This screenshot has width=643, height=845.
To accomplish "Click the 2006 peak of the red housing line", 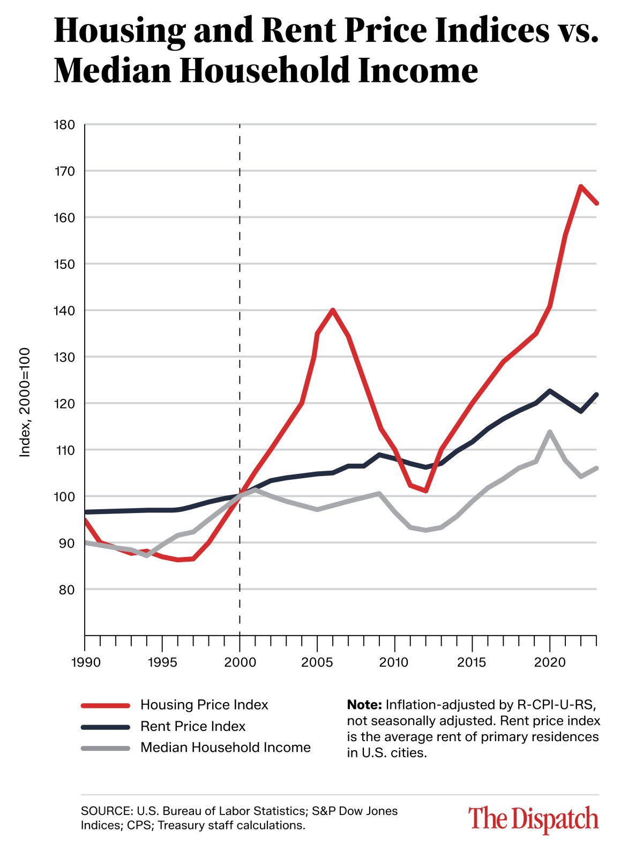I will pyautogui.click(x=333, y=310).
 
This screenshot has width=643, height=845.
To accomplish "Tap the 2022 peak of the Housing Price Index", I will pyautogui.click(x=581, y=186).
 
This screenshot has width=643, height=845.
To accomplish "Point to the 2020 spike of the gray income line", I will pyautogui.click(x=550, y=432).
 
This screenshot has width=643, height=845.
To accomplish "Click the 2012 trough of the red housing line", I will pyautogui.click(x=425, y=491).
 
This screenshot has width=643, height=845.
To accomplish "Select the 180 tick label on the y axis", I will pyautogui.click(x=65, y=125).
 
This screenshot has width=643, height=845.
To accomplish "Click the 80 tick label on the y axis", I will pyautogui.click(x=67, y=590).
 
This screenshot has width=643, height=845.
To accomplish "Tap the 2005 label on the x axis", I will pyautogui.click(x=317, y=662).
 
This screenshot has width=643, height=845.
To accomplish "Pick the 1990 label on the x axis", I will pyautogui.click(x=86, y=662).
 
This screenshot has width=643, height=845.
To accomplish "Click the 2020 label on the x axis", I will pyautogui.click(x=550, y=662).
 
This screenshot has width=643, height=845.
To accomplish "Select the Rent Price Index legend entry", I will pyautogui.click(x=192, y=726).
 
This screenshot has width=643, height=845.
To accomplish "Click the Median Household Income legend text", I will pyautogui.click(x=225, y=748).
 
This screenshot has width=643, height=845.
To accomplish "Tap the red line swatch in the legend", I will pyautogui.click(x=106, y=705).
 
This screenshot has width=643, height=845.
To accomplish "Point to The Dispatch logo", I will pyautogui.click(x=533, y=819).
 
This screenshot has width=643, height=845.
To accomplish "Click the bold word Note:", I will pyautogui.click(x=364, y=705).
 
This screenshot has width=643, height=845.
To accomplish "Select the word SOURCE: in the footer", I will pyautogui.click(x=106, y=811).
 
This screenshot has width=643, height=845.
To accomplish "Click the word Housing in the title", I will pyautogui.click(x=119, y=31).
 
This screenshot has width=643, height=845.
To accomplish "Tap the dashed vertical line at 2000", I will pyautogui.click(x=240, y=321).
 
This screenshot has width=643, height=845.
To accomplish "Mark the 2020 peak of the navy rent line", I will pyautogui.click(x=550, y=391).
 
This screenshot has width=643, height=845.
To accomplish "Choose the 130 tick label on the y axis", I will pyautogui.click(x=65, y=357).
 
